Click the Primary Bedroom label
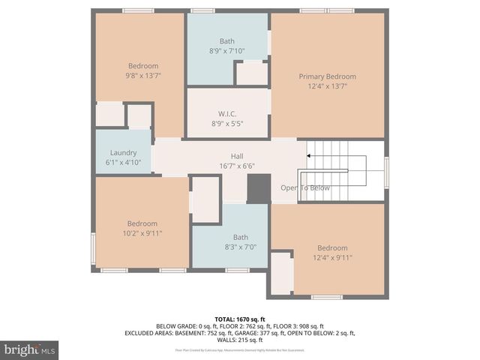click(x=327, y=76)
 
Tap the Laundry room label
click(x=123, y=152)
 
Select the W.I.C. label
click(x=227, y=114)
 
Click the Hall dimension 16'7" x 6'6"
click(x=236, y=166)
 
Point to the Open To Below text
click(x=305, y=187)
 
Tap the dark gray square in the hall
click(x=259, y=188)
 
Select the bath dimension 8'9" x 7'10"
click(x=227, y=51)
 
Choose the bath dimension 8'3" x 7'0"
click(x=229, y=246)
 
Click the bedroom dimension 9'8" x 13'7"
click(x=142, y=76)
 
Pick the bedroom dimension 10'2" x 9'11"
click(x=142, y=233)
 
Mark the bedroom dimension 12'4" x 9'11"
click(x=332, y=257)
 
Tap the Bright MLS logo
click(x=30, y=349)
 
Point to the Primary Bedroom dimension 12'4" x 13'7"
click(x=327, y=86)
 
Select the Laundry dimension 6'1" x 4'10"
click(x=123, y=162)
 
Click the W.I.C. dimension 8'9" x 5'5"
click(x=227, y=124)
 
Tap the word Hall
click(x=236, y=156)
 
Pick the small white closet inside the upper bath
click(x=252, y=73)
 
